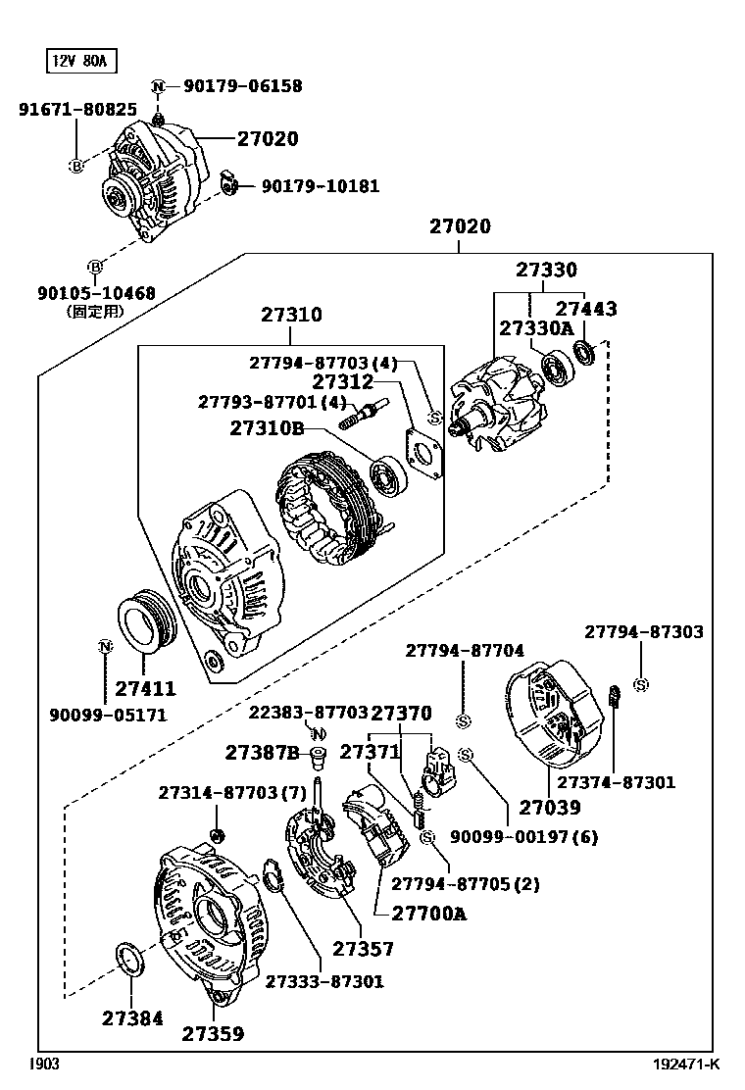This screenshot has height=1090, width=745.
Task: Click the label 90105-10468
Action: point(96,292)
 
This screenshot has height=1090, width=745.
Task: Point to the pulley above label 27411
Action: point(143,620)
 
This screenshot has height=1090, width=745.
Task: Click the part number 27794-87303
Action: point(644,632)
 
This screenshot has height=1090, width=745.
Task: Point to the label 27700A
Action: point(428,914)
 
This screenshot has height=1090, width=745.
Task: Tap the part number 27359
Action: point(213,1033)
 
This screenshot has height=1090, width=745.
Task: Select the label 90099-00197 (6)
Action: point(523,837)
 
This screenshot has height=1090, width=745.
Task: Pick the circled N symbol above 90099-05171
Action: point(105,646)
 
